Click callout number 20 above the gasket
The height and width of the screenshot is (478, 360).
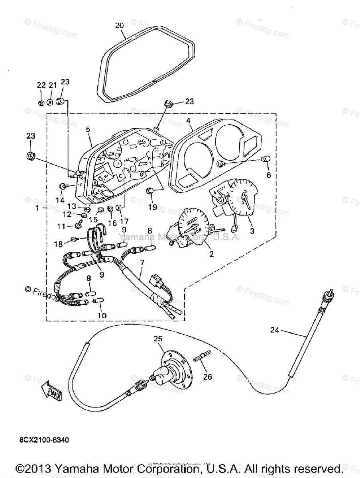[x=120, y=26]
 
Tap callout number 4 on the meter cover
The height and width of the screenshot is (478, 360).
[x=188, y=120]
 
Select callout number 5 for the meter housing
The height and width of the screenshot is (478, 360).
[x=88, y=129]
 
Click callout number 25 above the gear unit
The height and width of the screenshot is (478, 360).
[x=158, y=339]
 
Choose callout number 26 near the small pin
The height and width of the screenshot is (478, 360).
[x=208, y=377]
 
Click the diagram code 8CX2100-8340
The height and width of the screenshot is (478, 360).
[x=44, y=441]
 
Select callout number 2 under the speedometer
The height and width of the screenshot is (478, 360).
[x=212, y=254]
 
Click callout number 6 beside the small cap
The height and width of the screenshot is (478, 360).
[x=268, y=175]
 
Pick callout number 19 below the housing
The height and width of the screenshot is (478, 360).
[x=152, y=207]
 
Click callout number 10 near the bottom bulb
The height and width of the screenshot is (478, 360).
[x=102, y=315]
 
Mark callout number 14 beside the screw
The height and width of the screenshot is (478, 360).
[x=60, y=200]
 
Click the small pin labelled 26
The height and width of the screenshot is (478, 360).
[x=202, y=355]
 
